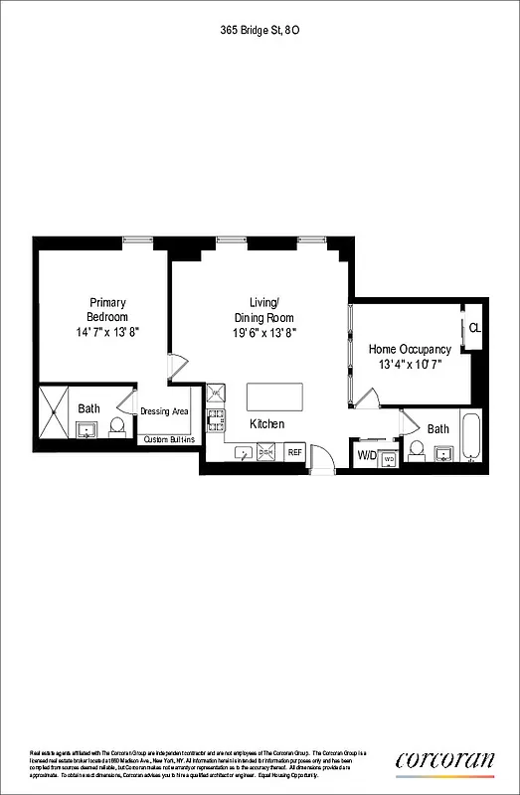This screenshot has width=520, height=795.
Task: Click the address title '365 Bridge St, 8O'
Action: [x=260, y=32]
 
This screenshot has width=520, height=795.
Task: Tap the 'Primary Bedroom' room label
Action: [x=107, y=309]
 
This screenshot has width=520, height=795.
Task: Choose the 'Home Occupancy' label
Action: [x=410, y=349]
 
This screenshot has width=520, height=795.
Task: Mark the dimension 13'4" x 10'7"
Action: [x=410, y=365]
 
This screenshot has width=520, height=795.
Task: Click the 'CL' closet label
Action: [x=474, y=329]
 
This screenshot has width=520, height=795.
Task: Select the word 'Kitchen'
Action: [x=266, y=424]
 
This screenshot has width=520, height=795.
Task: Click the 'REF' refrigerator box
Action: [x=294, y=452]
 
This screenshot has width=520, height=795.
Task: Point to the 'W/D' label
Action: [x=366, y=456]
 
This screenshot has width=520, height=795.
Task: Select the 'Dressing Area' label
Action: [x=164, y=410]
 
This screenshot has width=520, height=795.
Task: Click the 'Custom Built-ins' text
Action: [x=169, y=439]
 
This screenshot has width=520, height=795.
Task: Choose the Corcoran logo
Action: [x=444, y=760]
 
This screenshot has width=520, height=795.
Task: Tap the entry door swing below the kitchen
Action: [x=322, y=459]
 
